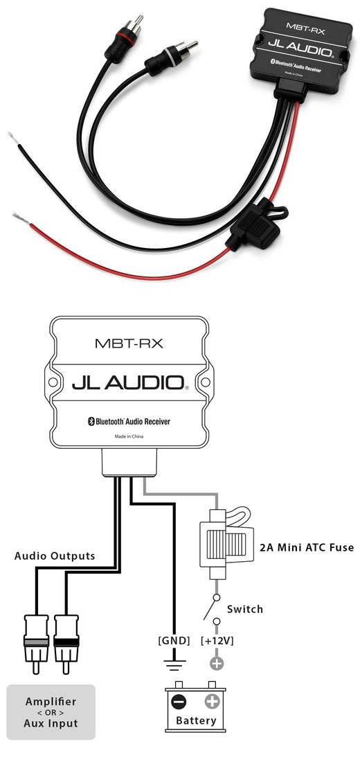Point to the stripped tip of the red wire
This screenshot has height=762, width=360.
pyautogui.click(x=21, y=218)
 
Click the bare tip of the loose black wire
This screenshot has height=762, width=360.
pyautogui.click(x=14, y=139)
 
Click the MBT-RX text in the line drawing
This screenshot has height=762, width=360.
pyautogui.click(x=129, y=344)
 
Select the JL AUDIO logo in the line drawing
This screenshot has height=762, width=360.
pyautogui.click(x=129, y=383)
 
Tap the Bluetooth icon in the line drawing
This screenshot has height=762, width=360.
pyautogui.click(x=91, y=421)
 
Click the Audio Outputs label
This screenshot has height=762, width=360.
pyautogui.click(x=55, y=556)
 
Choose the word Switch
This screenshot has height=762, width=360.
pyautogui.click(x=245, y=609)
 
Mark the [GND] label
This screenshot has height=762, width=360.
pyautogui.click(x=174, y=641)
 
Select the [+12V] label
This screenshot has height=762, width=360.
pyautogui.click(x=217, y=641)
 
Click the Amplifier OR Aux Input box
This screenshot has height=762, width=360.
pyautogui.click(x=51, y=712)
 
